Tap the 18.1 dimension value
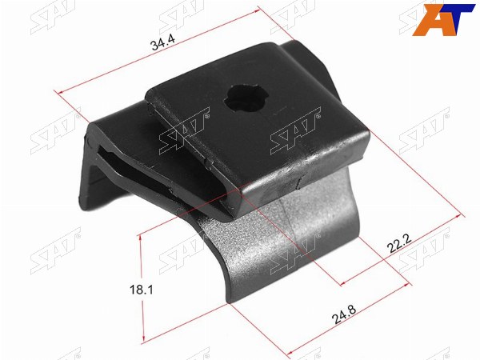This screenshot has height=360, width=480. pyautogui.click(x=141, y=290)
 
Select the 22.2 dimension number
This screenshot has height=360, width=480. pyautogui.click(x=399, y=243)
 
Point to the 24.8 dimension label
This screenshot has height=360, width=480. pyautogui.click(x=344, y=314)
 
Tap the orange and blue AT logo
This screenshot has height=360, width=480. pyautogui.click(x=443, y=19)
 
